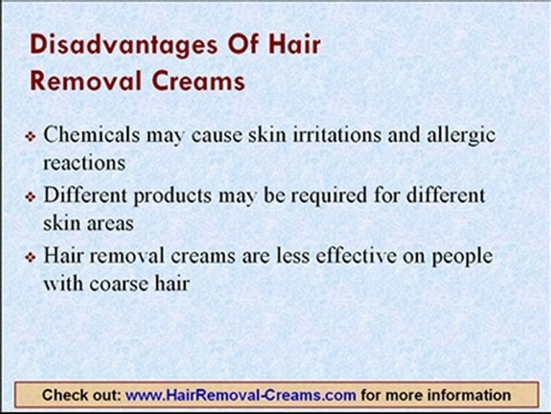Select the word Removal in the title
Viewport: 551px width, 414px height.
point(80,81)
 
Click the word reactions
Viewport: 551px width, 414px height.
point(84,163)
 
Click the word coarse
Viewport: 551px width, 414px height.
point(117,283)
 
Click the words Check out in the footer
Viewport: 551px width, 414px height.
point(81,396)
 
